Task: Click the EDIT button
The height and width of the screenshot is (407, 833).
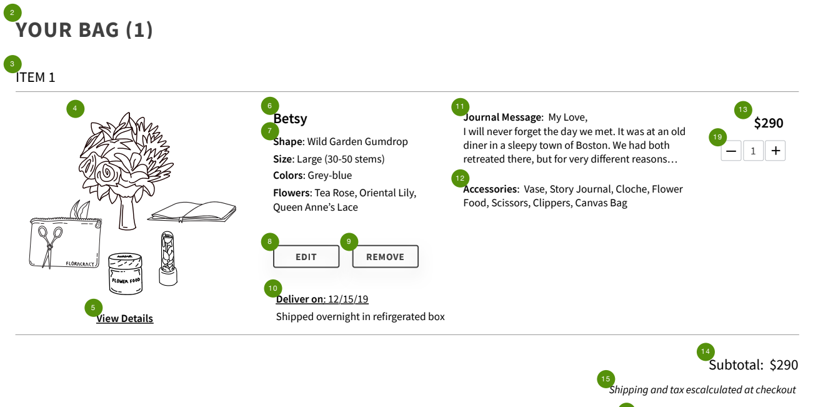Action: point(306,257)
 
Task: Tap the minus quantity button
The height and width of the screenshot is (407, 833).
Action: point(731,151)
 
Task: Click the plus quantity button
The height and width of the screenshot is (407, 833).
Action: point(776,151)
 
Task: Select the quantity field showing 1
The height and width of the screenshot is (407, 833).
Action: point(753,151)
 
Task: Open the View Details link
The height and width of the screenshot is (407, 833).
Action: point(124,319)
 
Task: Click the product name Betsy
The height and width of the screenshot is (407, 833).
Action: point(290,119)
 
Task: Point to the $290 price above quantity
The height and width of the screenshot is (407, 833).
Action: point(768,123)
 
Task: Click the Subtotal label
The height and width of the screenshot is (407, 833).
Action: point(736,365)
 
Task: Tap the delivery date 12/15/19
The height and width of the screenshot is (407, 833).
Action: point(348,299)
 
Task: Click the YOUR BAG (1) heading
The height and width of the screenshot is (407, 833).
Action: point(84,30)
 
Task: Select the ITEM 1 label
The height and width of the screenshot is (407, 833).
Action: point(36,78)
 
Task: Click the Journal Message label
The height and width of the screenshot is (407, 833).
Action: point(502,118)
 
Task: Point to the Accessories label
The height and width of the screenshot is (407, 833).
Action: point(490,189)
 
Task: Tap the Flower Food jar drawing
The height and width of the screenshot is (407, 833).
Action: point(126,274)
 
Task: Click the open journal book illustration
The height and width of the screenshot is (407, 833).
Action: point(192,212)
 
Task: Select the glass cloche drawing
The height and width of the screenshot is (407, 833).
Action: point(167,258)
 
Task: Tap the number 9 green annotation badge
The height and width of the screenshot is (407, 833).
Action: point(349,242)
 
